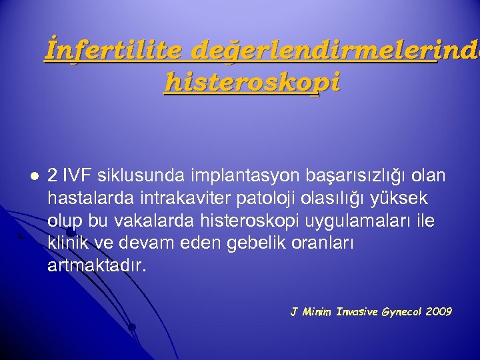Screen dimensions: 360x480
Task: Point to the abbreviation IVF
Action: [x=76, y=175]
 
